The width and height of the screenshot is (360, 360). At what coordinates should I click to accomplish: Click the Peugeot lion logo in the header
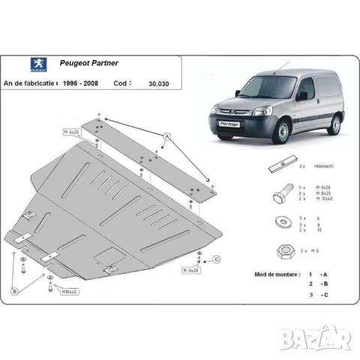click(x=16, y=65)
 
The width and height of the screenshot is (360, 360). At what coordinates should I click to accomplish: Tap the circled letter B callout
click(x=14, y=291)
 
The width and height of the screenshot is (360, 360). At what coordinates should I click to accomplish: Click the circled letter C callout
click(x=216, y=259)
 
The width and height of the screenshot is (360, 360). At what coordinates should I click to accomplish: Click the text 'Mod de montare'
click(x=277, y=275)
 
